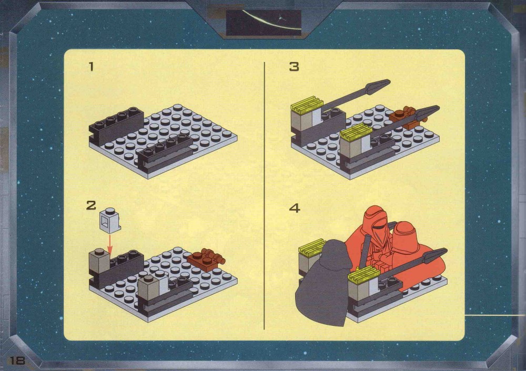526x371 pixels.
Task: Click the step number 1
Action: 91,66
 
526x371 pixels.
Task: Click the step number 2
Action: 91,205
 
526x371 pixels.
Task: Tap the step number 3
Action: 294,66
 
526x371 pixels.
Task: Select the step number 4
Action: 294,208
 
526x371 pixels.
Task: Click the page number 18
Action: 17,360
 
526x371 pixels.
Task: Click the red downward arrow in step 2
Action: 110,244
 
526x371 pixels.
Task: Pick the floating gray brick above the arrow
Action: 110,220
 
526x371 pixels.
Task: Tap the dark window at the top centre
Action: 264,23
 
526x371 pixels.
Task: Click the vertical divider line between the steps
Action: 265,195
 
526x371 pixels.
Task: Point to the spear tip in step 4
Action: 435,255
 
